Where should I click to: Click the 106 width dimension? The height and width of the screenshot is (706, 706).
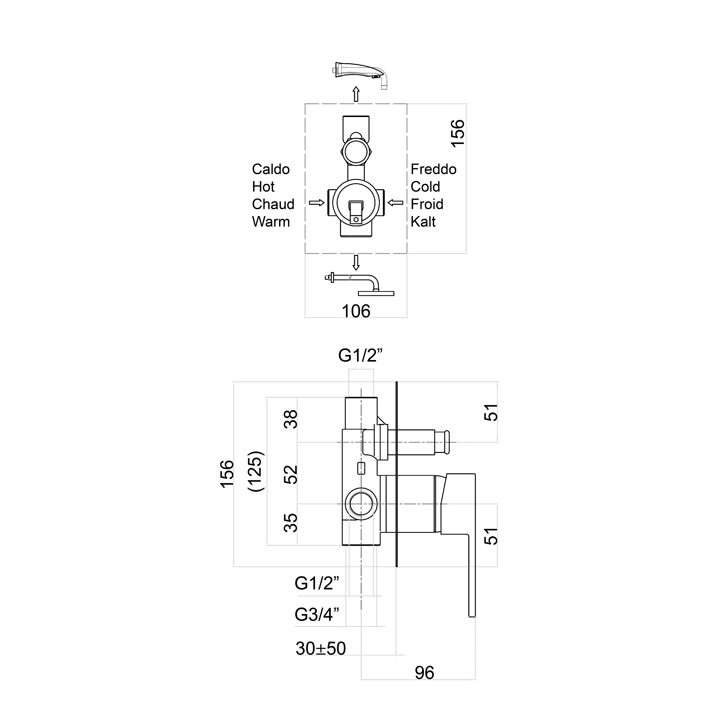coord(356,311)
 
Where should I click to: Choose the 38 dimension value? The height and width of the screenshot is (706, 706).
coord(291,419)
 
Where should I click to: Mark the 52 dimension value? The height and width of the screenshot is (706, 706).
coord(291,474)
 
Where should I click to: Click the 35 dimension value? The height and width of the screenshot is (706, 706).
coord(291,523)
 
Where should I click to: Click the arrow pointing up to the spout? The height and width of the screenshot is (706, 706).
coord(356,94)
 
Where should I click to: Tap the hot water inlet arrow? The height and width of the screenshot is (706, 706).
coord(317,203)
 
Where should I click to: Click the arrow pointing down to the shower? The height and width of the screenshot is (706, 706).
coord(356,262)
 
